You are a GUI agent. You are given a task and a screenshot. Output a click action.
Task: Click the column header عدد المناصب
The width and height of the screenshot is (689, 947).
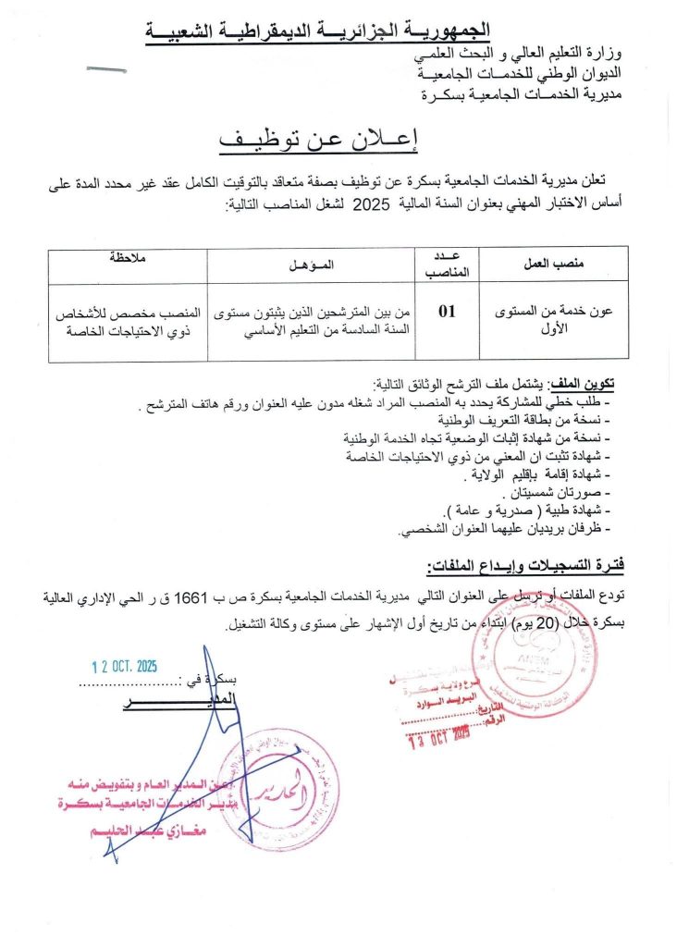[448, 264]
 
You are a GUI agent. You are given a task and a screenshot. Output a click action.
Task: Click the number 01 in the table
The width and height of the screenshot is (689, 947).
[448, 312]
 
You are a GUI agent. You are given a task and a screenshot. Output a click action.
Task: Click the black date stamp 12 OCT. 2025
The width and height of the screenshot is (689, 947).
[124, 666]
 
